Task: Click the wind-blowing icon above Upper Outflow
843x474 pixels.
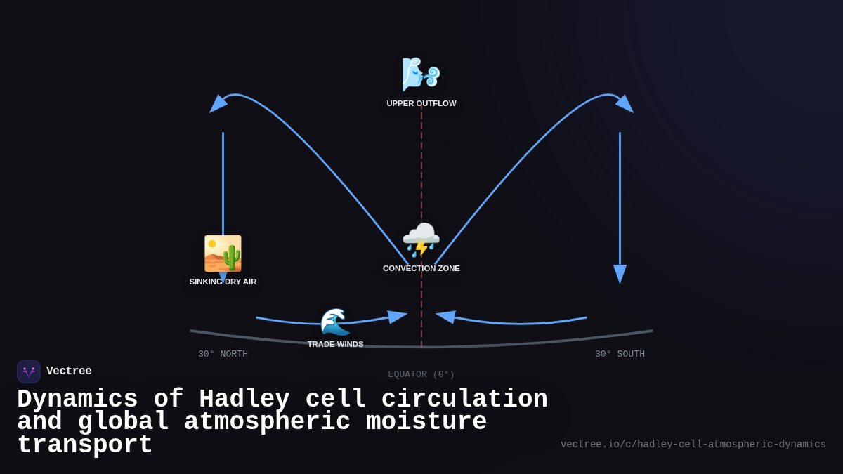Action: pos(421,74)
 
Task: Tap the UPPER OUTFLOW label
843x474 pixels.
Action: pos(421,103)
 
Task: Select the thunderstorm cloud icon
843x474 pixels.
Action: pos(421,240)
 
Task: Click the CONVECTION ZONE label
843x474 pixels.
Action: pos(421,268)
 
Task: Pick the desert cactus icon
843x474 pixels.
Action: pos(223,254)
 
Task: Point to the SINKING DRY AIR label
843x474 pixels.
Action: pos(223,282)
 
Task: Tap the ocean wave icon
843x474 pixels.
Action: pos(335,322)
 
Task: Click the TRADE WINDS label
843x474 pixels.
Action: pos(335,344)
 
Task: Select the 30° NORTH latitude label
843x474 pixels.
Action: pos(223,354)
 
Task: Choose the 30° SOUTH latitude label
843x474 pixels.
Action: pos(620,354)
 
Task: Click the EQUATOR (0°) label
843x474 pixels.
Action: pos(421,374)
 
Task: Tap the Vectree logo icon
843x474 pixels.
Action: pos(29,371)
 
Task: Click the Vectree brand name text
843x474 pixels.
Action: pos(69,371)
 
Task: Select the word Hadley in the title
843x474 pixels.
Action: pos(244,399)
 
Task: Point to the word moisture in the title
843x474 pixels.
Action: pos(426,421)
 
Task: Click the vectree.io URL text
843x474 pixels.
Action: pos(693,445)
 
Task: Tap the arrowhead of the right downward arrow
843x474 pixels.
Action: pos(620,274)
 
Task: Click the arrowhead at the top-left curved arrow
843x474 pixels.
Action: pos(218,104)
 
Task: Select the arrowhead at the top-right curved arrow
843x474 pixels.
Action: pos(625,104)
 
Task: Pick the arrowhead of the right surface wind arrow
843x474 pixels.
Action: pos(446,317)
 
